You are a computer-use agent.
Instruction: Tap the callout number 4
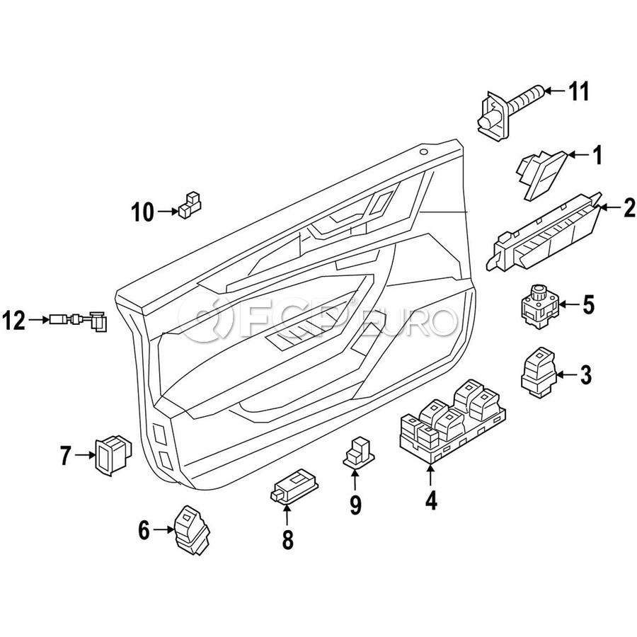click(x=431, y=502)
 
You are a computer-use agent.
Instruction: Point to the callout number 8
click(x=287, y=541)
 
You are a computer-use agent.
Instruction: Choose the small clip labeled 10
click(x=189, y=205)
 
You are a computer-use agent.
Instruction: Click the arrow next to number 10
click(x=169, y=211)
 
